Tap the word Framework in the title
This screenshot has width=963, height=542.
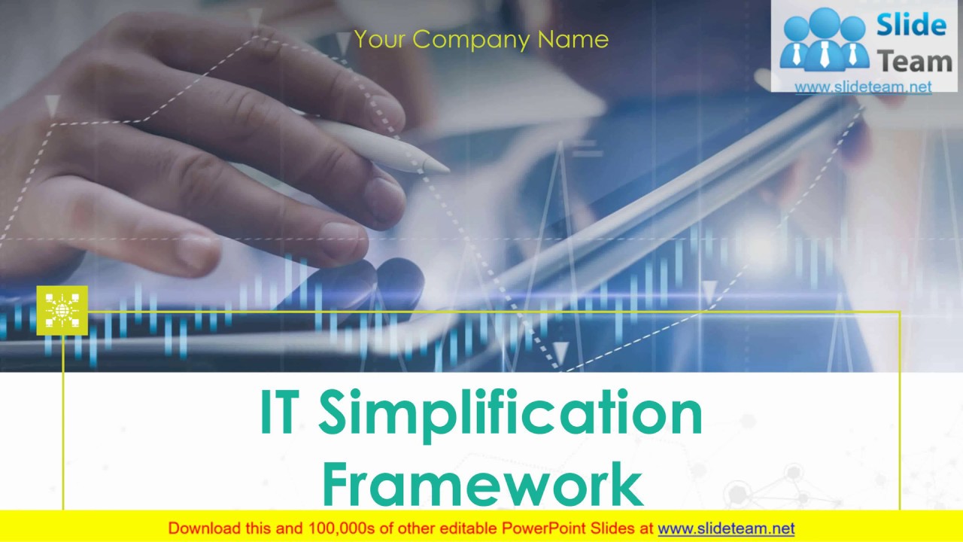tap(482, 485)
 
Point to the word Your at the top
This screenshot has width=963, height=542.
tap(381, 39)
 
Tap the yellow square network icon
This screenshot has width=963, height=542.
tap(62, 310)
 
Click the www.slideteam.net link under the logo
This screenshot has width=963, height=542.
tap(863, 87)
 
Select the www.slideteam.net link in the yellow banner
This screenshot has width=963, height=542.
tap(726, 528)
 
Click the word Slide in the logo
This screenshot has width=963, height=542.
tap(910, 26)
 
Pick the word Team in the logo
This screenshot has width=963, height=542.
tap(915, 61)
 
